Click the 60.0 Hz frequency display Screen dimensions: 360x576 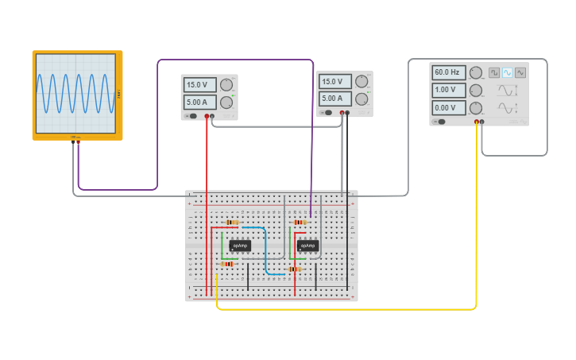448,72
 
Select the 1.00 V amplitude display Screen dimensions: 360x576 448,90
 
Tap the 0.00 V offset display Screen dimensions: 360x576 448,107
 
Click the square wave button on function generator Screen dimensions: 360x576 494,72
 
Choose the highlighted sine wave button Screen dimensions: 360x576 507,72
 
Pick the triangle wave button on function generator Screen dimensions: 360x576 520,72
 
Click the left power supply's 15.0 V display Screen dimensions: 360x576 199,85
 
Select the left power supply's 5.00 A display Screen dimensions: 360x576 199,103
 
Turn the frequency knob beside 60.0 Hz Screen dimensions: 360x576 476,72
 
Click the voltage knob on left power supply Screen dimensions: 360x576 226,85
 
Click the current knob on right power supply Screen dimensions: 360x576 362,99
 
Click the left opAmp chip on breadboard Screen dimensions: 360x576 239,246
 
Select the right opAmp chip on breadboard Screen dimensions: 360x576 307,246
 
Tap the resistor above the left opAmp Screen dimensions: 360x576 232,223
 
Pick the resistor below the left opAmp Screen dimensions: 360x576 228,264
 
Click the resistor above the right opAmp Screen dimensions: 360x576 300,223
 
